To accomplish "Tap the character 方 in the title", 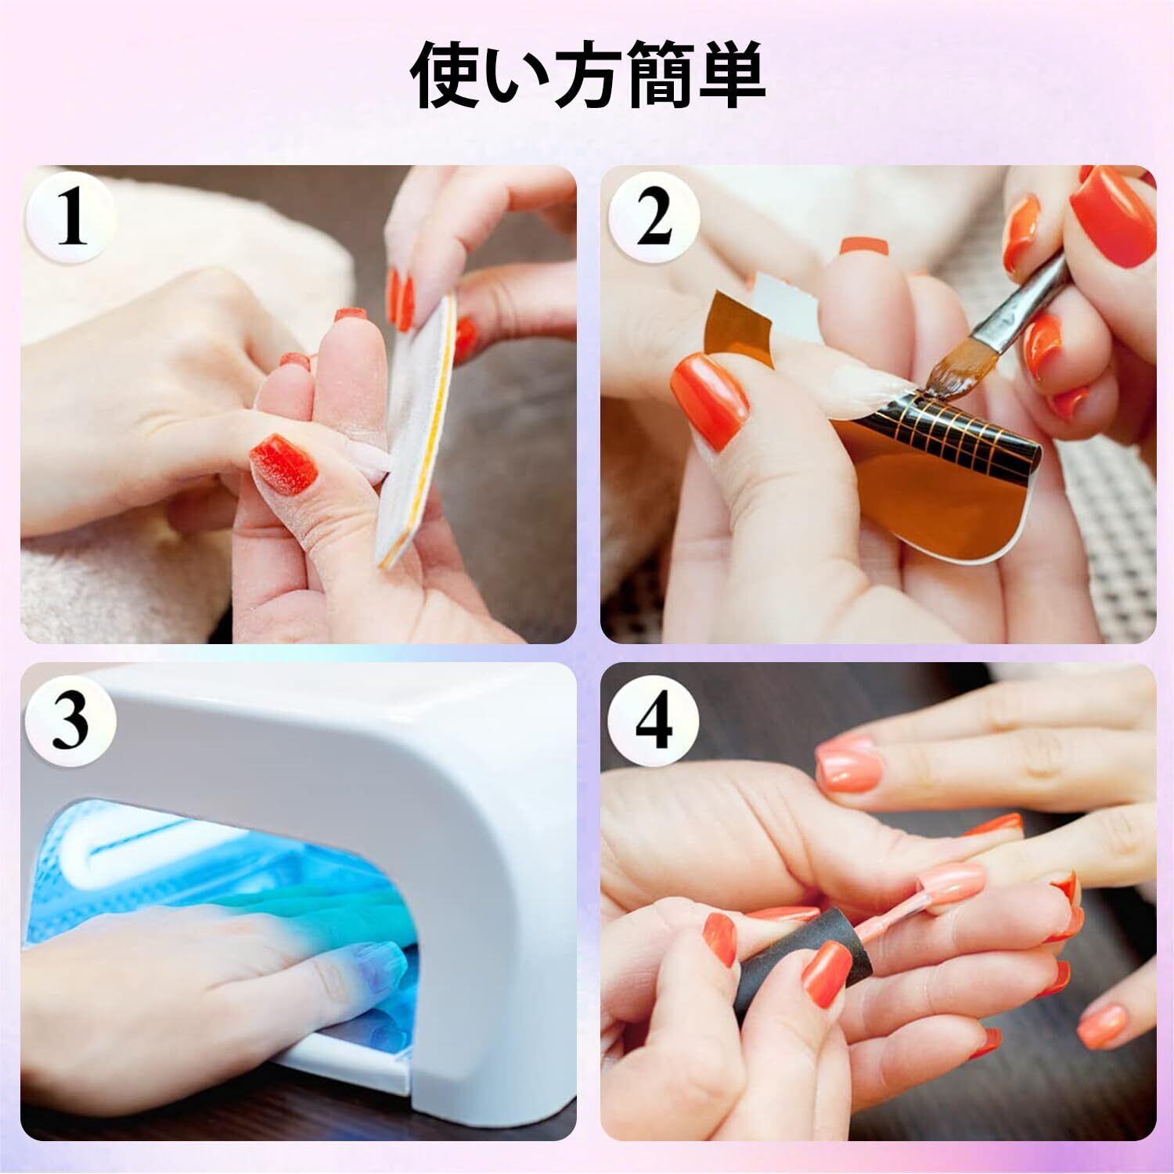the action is (589, 76).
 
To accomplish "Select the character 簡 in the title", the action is (659, 76).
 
